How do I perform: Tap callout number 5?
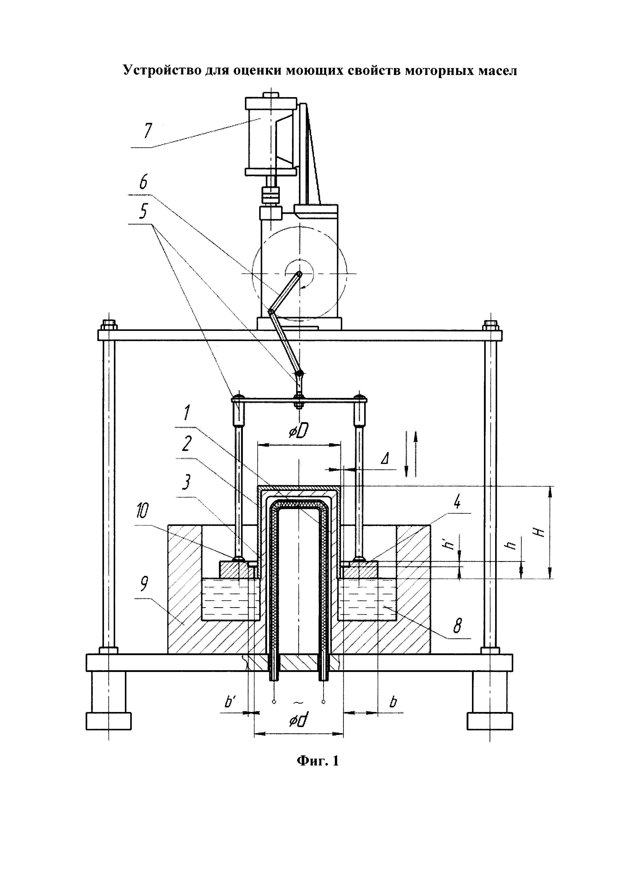pos(143,212)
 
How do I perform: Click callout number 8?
pos(458,627)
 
